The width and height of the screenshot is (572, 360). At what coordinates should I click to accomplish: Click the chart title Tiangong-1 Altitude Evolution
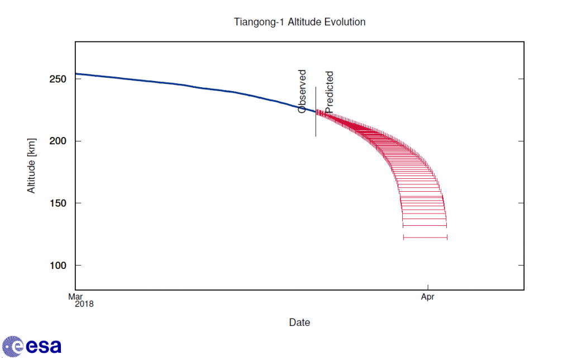(x=299, y=22)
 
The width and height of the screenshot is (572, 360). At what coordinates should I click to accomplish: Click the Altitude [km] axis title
(x=32, y=165)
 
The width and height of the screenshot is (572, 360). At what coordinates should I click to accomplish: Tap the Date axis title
(x=299, y=323)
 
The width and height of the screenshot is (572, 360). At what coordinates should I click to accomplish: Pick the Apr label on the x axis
(x=427, y=297)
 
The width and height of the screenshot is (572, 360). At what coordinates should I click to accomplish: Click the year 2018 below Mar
(x=84, y=305)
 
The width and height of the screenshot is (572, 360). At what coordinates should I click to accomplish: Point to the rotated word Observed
(x=302, y=92)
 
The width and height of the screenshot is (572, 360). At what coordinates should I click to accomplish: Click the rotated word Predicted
(x=330, y=92)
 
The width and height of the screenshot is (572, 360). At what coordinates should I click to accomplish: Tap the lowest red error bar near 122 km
(x=425, y=238)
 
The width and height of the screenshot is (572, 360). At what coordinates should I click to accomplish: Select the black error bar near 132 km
(x=425, y=225)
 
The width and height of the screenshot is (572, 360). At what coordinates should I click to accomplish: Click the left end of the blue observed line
(x=76, y=74)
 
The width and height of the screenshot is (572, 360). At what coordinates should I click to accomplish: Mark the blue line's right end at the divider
(x=315, y=112)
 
